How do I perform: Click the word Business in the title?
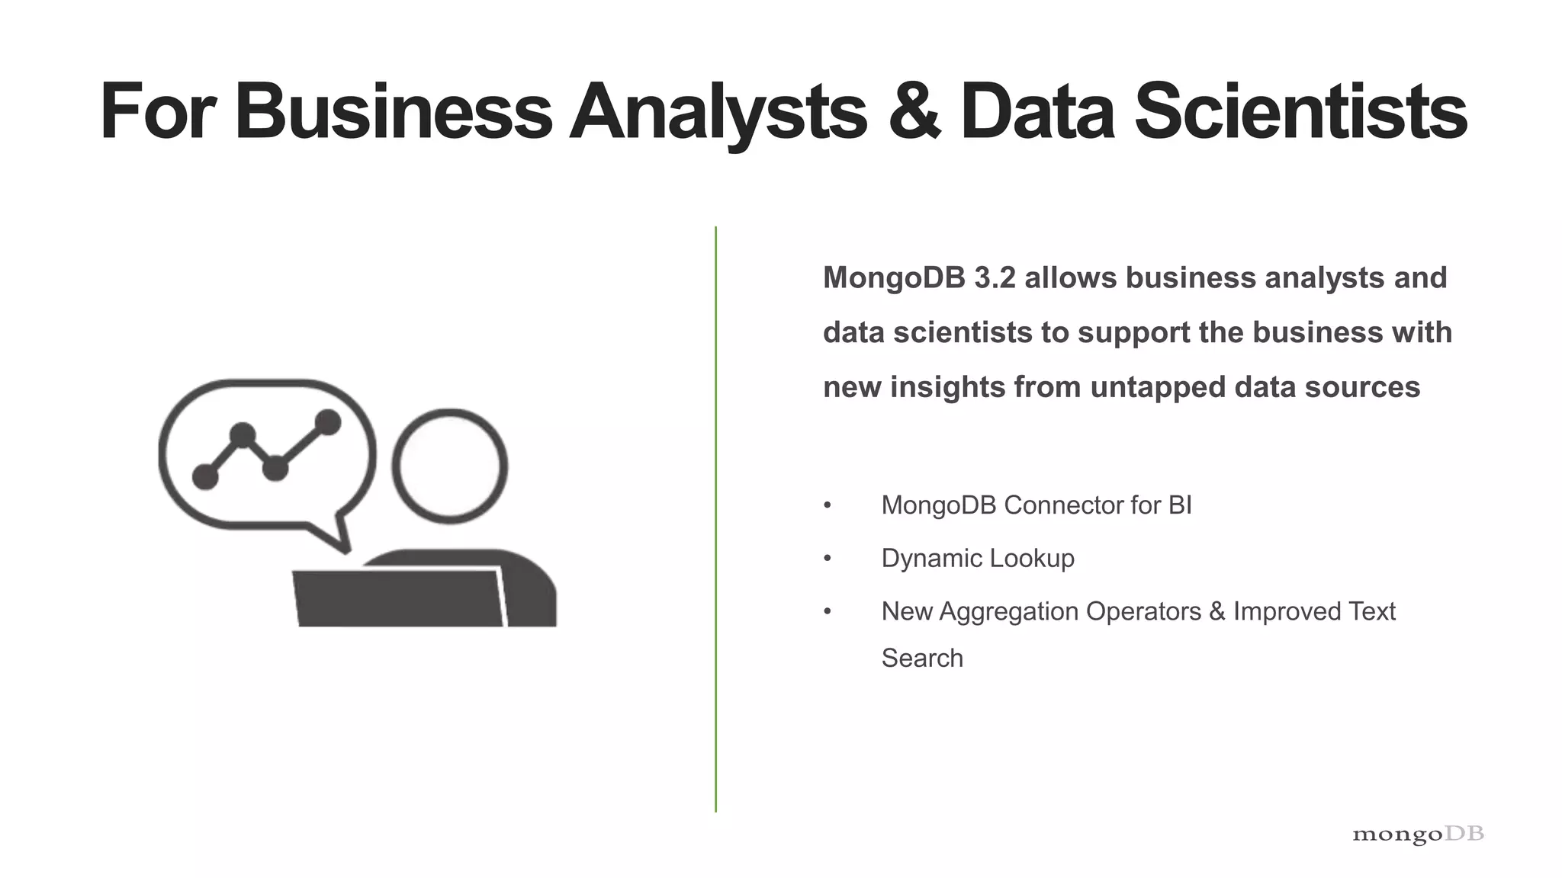pyautogui.click(x=393, y=112)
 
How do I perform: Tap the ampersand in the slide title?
pyautogui.click(x=914, y=112)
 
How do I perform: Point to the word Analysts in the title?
pyautogui.click(x=718, y=112)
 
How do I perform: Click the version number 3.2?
pyautogui.click(x=995, y=278)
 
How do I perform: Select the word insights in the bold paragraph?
pyautogui.click(x=947, y=387)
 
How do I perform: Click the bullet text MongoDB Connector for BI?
pyautogui.click(x=1036, y=505)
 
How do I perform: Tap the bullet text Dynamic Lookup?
pyautogui.click(x=977, y=559)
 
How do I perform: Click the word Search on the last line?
pyautogui.click(x=922, y=658)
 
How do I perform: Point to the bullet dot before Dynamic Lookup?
pyautogui.click(x=828, y=559)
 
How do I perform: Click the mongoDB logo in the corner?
pyautogui.click(x=1418, y=835)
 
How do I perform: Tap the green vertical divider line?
pyautogui.click(x=715, y=518)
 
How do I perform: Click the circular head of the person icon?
pyautogui.click(x=450, y=466)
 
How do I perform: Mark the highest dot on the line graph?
pyautogui.click(x=328, y=422)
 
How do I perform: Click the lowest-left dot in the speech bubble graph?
pyautogui.click(x=205, y=477)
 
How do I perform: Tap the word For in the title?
pyautogui.click(x=156, y=112)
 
